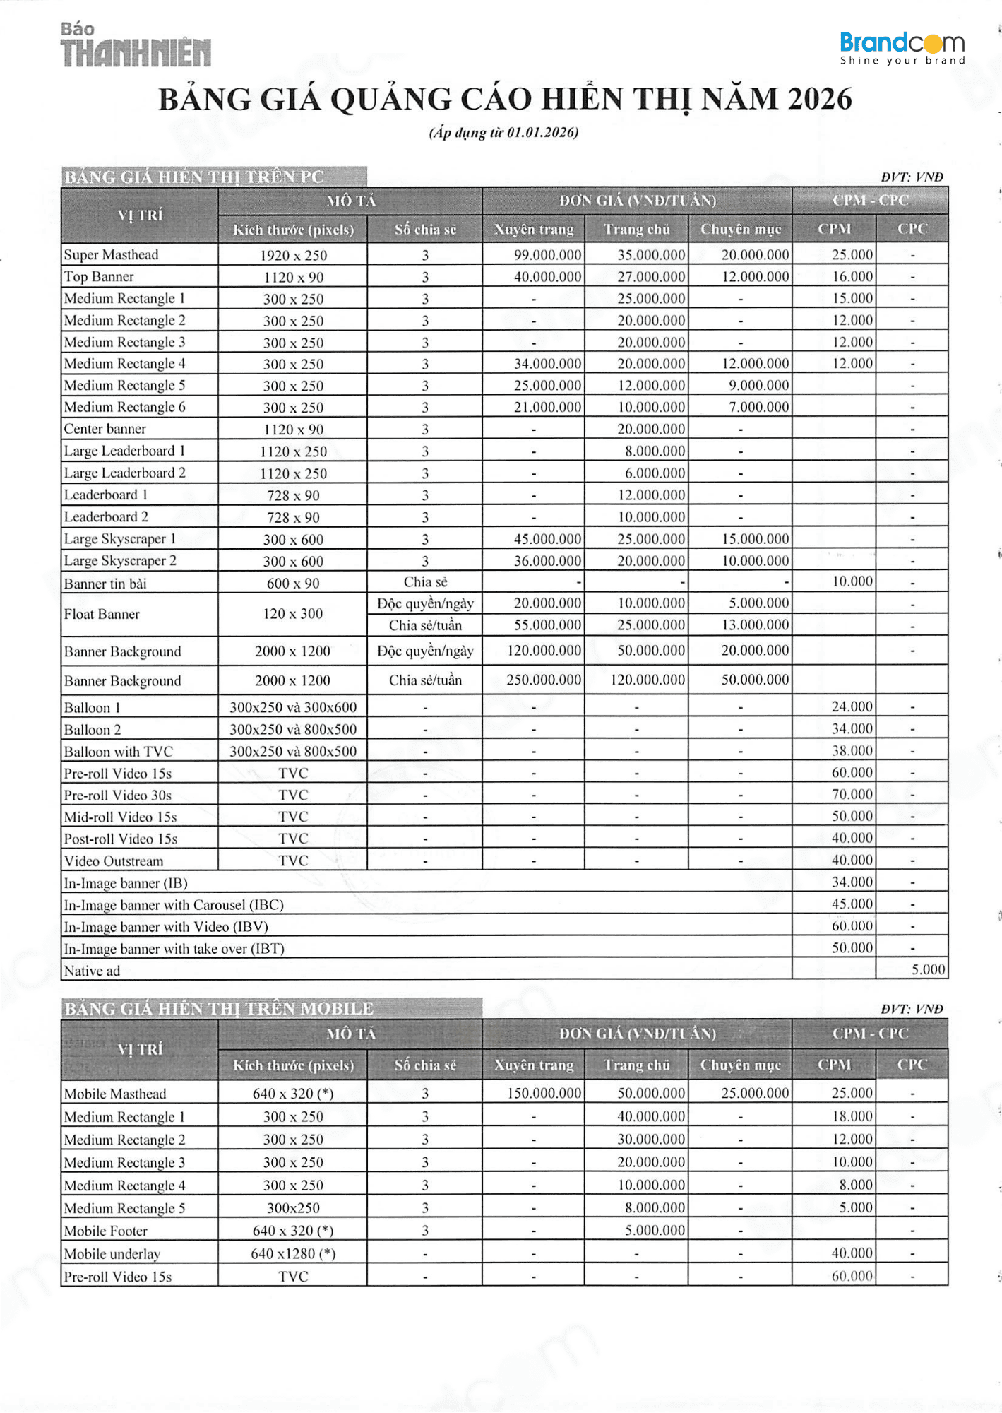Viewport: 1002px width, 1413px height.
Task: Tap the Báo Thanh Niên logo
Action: (x=135, y=46)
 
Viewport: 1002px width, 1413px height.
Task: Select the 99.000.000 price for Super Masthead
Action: (x=547, y=255)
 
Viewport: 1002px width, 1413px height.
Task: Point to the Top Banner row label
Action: (x=99, y=277)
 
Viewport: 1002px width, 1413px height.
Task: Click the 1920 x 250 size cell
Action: (x=293, y=256)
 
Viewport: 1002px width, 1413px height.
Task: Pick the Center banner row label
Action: (x=105, y=429)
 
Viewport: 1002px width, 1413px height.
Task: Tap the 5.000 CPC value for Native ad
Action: (x=927, y=969)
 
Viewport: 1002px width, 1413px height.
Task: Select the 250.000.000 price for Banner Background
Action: (x=544, y=680)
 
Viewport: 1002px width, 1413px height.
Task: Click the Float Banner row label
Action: (x=102, y=614)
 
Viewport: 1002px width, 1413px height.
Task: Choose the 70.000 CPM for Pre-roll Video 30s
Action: (x=852, y=794)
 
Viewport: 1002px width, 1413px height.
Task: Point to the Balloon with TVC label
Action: (x=118, y=752)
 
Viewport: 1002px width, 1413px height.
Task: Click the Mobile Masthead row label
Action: (x=115, y=1094)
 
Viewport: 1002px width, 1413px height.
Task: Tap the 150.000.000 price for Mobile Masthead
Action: (x=544, y=1093)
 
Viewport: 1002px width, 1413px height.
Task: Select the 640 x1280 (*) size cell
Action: (x=293, y=1253)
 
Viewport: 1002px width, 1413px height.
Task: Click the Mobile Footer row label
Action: (x=106, y=1231)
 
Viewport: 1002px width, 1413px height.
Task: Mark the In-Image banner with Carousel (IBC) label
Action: (x=174, y=905)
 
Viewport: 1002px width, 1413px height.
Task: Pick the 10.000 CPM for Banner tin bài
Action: (x=852, y=581)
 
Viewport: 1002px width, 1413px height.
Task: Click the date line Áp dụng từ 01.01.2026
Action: (x=503, y=133)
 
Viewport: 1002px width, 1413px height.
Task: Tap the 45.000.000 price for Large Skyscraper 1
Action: (x=547, y=539)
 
